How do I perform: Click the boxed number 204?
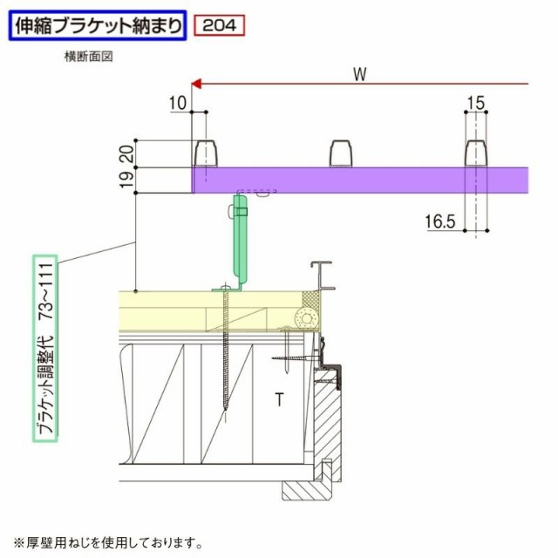pyautogui.click(x=220, y=25)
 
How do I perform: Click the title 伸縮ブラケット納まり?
pyautogui.click(x=98, y=25)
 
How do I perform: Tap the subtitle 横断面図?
pyautogui.click(x=89, y=57)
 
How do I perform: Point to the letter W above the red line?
pyautogui.click(x=360, y=74)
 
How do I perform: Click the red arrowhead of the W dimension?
pyautogui.click(x=196, y=84)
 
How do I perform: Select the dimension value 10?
pyautogui.click(x=178, y=103)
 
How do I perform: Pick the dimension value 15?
pyautogui.click(x=475, y=103)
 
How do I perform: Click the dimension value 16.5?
pyautogui.click(x=440, y=221)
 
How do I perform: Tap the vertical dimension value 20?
pyautogui.click(x=127, y=153)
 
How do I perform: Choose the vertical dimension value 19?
pyautogui.click(x=127, y=180)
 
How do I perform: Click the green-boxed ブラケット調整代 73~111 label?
pyautogui.click(x=45, y=349)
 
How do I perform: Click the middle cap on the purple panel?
pyautogui.click(x=341, y=153)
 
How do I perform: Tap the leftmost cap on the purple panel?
pyautogui.click(x=206, y=153)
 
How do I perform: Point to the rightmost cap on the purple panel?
pyautogui.click(x=476, y=153)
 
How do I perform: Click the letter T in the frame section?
pyautogui.click(x=280, y=399)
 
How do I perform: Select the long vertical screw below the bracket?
pyautogui.click(x=226, y=351)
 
